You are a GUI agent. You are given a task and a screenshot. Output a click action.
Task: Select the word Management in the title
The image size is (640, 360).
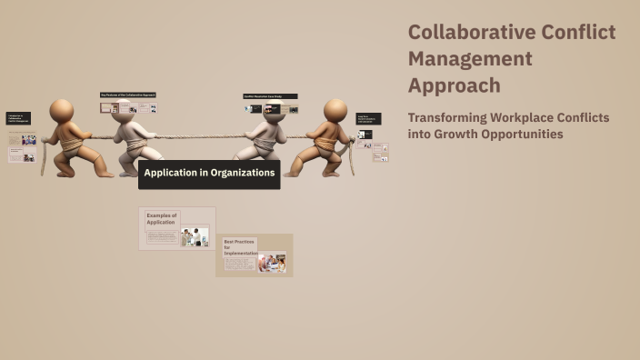coord(469,59)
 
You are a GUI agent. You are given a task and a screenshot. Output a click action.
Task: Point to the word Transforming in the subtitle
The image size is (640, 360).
coord(449,118)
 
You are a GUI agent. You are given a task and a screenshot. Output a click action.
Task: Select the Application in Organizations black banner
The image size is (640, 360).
coord(209,173)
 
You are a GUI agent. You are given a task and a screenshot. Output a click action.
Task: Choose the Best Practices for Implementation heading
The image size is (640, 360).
coord(240,246)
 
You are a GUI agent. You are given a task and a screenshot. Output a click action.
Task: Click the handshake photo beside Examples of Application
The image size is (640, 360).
coord(195,237)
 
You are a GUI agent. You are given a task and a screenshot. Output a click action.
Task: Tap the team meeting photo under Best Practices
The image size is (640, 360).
coord(272,263)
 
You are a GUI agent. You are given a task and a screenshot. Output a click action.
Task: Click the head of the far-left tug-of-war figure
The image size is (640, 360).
coord(62,110)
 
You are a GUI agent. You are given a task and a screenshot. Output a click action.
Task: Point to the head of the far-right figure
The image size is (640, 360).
coord(335,110)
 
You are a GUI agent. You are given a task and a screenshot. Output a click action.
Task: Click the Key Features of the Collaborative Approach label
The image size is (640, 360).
coord(128,95)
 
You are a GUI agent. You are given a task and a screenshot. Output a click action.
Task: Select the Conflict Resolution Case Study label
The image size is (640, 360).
coord(270,95)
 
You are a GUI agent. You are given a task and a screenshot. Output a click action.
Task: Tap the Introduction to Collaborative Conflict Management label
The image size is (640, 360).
coord(18,118)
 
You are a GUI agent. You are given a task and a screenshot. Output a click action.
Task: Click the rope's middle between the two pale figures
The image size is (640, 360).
coord(196,137)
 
